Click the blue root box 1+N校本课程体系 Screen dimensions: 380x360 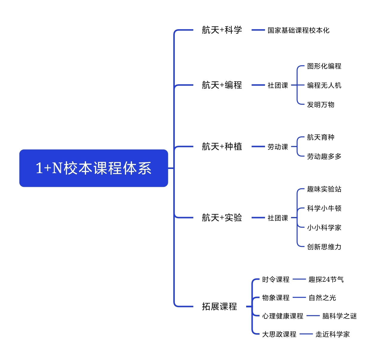click(x=94, y=168)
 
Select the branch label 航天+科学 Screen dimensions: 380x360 click(x=222, y=30)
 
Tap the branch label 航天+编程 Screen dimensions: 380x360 click(x=222, y=85)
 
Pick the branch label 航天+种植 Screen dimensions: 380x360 click(x=222, y=146)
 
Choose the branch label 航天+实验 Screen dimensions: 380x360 click(x=222, y=218)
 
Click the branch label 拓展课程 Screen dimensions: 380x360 click(x=219, y=306)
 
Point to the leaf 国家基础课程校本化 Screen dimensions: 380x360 click(x=298, y=30)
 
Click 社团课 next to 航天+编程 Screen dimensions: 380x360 click(x=278, y=85)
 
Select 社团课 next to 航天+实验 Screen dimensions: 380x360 click(x=278, y=218)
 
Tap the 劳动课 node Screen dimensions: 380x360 click(x=278, y=147)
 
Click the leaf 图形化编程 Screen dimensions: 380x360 click(x=324, y=66)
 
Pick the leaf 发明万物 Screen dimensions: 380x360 click(x=321, y=104)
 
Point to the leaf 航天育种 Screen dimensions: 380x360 click(x=321, y=137)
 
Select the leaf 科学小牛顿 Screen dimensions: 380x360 click(x=324, y=208)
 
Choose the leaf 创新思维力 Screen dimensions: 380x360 click(x=324, y=247)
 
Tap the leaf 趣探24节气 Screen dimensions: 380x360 click(x=326, y=279)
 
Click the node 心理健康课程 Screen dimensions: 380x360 click(x=283, y=316)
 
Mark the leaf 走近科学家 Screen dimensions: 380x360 click(x=332, y=334)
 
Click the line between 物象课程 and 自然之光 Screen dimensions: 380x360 click(x=299, y=297)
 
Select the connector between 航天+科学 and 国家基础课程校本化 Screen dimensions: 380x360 click(x=258, y=30)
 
